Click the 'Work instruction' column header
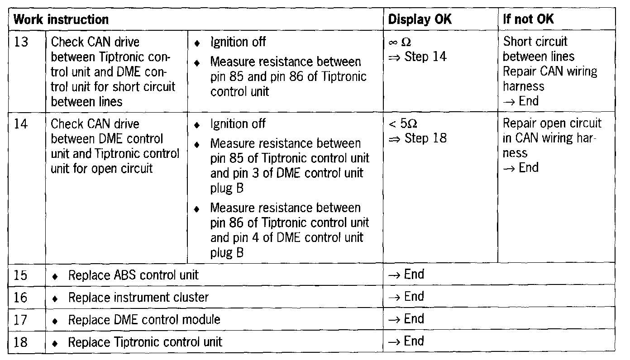[x=61, y=19]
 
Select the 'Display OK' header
[x=420, y=19]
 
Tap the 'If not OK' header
[x=528, y=19]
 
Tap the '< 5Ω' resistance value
[x=399, y=124]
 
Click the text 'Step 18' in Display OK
[x=425, y=138]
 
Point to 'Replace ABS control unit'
[x=133, y=275]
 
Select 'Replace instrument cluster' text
[x=138, y=298]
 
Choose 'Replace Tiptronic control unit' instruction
[x=145, y=342]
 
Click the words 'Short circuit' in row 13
[x=535, y=42]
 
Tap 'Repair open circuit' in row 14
[x=552, y=124]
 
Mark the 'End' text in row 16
[x=414, y=297]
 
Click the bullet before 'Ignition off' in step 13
[x=196, y=43]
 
